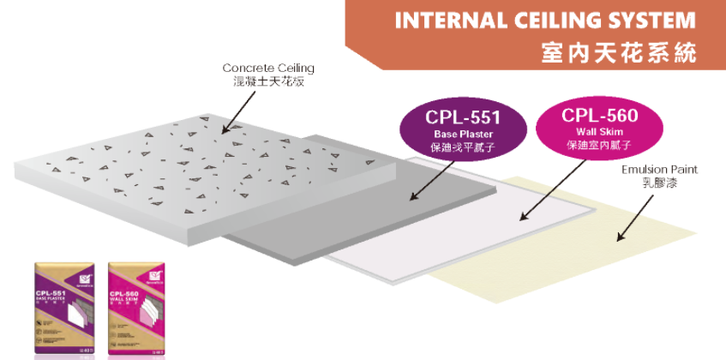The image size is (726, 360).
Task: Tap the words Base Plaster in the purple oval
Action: click(463, 135)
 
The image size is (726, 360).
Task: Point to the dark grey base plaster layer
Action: click(343, 214)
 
